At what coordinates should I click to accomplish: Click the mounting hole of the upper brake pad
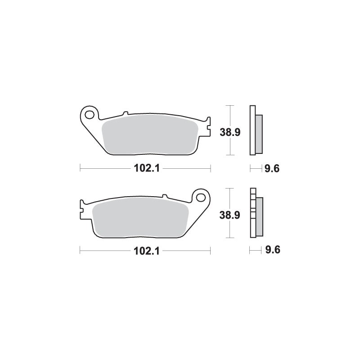(x=90, y=114)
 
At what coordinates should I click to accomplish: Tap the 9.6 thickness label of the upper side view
(x=272, y=169)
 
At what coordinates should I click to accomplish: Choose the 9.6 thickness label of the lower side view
(x=272, y=251)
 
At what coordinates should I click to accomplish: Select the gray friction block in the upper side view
(x=259, y=133)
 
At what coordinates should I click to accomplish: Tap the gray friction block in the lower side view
(x=259, y=216)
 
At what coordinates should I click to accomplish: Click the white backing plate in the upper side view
(x=252, y=130)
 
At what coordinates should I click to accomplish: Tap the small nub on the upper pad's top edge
(x=126, y=113)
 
